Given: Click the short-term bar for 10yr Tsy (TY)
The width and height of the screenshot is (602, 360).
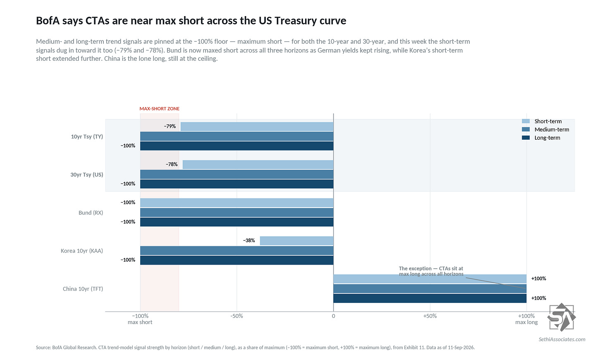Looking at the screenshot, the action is click(257, 126).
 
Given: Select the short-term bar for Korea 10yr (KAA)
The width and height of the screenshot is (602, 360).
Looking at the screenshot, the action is click(297, 241).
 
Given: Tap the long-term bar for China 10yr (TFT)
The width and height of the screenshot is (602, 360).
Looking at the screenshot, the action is click(430, 298).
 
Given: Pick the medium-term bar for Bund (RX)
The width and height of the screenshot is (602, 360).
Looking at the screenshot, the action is click(237, 212).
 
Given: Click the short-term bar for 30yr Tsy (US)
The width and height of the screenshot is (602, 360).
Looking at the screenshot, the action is click(258, 165).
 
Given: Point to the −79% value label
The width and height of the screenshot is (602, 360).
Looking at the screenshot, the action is click(170, 126).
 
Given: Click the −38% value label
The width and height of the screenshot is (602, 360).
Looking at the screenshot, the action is click(249, 241).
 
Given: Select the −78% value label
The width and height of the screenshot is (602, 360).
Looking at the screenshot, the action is click(172, 165).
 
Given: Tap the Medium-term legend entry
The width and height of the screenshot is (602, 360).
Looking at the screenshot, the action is click(545, 129).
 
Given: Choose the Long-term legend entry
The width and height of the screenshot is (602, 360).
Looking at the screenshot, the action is click(541, 138).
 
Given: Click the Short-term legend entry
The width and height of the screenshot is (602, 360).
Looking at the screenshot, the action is click(542, 121).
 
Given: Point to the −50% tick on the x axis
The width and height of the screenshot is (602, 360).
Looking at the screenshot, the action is click(236, 316).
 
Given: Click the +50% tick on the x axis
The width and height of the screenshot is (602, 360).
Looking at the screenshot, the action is click(430, 316).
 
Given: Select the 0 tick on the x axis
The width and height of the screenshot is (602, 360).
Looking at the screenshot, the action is click(334, 316).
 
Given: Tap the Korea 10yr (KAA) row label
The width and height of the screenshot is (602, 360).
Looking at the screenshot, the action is click(82, 250).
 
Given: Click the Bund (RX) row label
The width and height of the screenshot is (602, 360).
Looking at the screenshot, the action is click(91, 212).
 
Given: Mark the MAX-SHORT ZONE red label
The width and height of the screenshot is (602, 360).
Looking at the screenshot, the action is click(159, 109).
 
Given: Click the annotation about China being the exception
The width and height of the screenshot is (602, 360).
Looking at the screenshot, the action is click(431, 271).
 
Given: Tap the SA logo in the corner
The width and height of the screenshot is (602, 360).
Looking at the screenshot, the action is click(561, 317).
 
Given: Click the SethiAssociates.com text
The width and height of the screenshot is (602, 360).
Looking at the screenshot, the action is click(562, 339).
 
